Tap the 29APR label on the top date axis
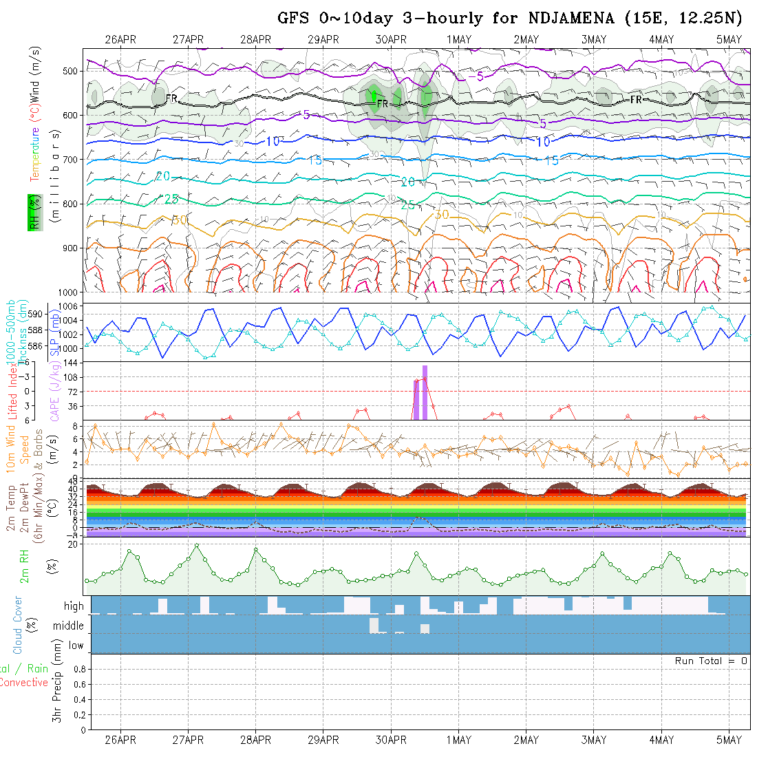pyautogui.click(x=323, y=40)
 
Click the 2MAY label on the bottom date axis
pyautogui.click(x=526, y=740)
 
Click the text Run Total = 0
pyautogui.click(x=711, y=661)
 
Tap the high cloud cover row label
pyautogui.click(x=74, y=606)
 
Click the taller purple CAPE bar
pyautogui.click(x=425, y=392)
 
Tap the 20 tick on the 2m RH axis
pyautogui.click(x=72, y=544)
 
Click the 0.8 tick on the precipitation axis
pyautogui.click(x=78, y=669)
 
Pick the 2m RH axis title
pyautogui.click(x=24, y=566)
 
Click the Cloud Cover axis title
pyautogui.click(x=17, y=625)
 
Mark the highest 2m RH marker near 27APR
pyautogui.click(x=197, y=545)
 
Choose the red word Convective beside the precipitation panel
pyautogui.click(x=23, y=683)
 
